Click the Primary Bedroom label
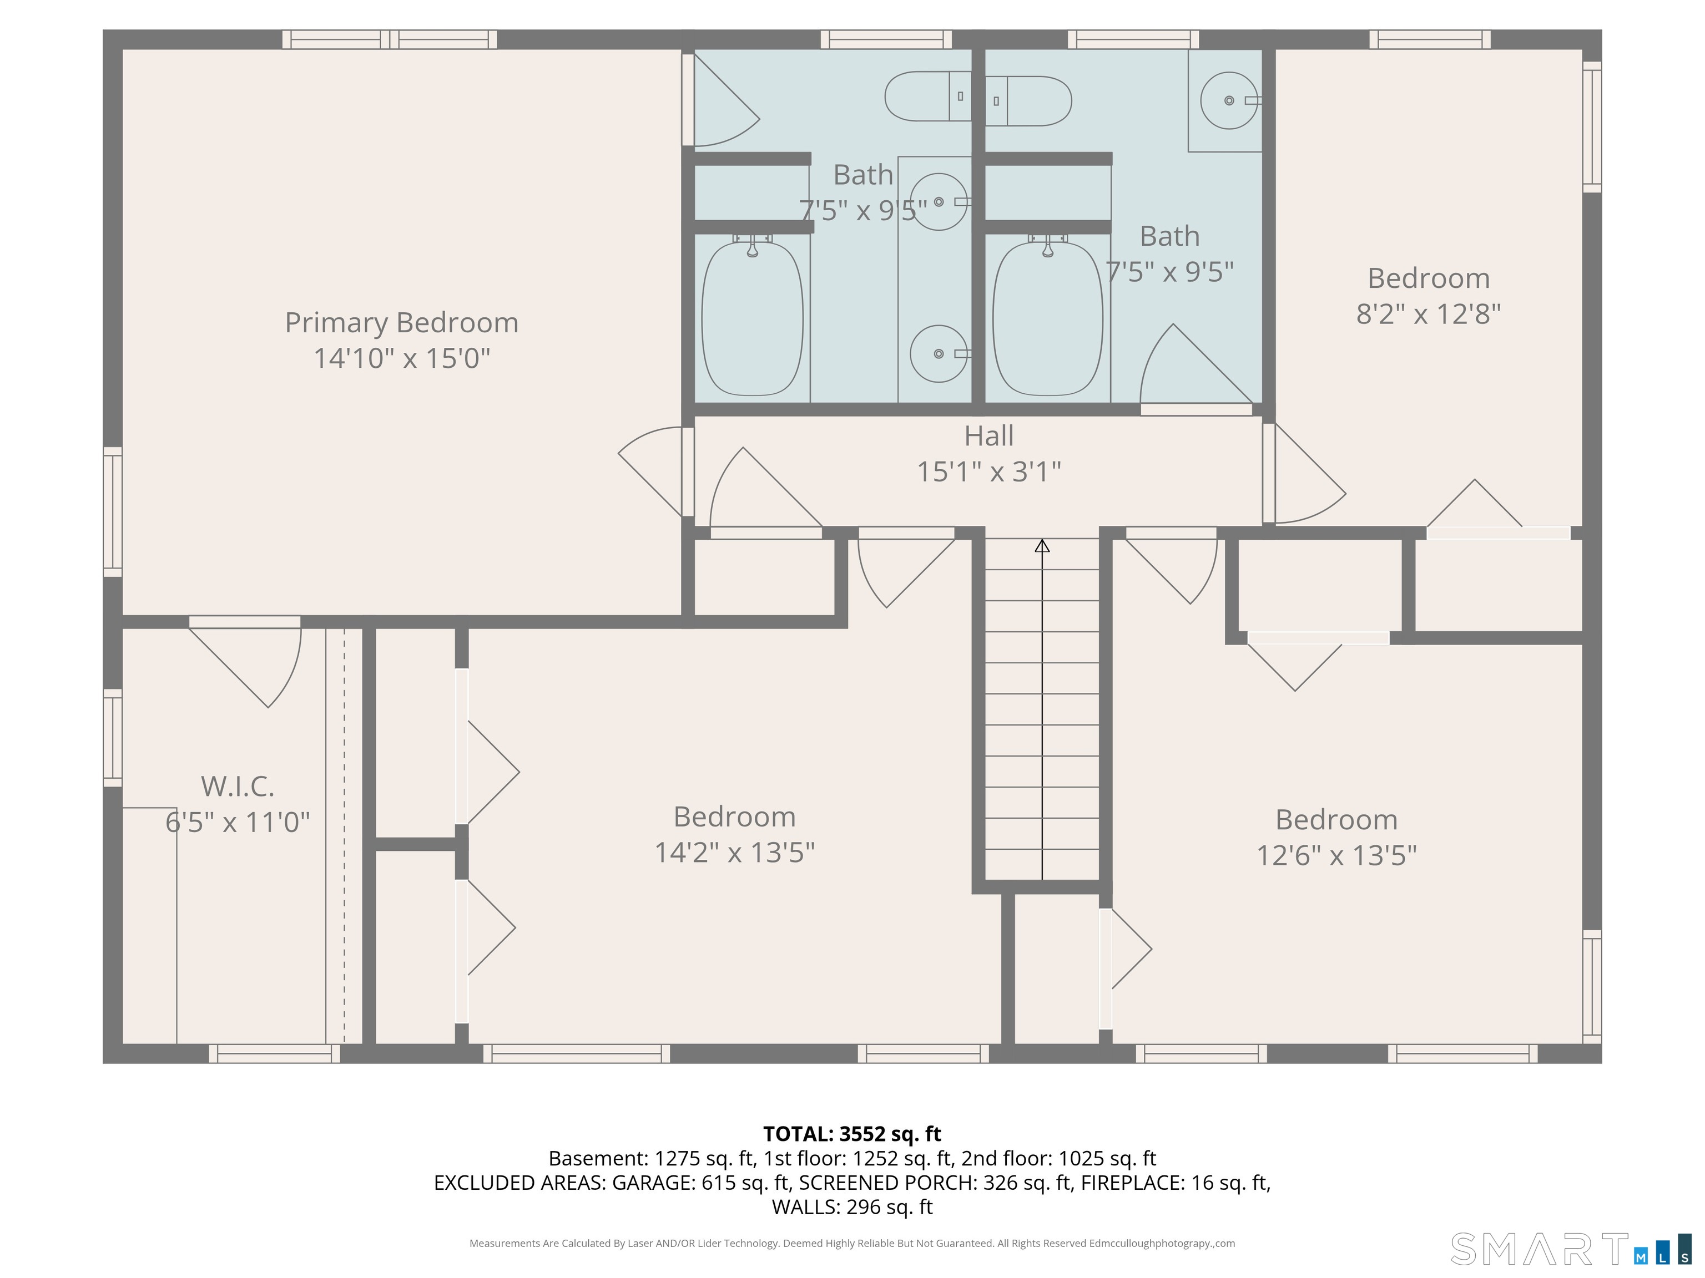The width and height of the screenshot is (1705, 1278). [x=402, y=322]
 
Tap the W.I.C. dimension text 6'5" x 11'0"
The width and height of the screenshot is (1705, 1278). [x=238, y=822]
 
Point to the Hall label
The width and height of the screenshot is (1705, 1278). [x=989, y=435]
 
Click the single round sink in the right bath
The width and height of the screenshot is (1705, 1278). [x=1229, y=100]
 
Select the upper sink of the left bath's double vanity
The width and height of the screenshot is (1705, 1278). [x=939, y=202]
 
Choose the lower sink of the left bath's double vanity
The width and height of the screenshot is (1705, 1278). [x=939, y=353]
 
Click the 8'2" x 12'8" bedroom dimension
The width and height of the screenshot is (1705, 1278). [x=1428, y=313]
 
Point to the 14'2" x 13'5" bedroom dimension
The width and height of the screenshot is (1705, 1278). [x=735, y=852]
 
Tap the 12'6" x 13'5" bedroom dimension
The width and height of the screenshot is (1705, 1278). [x=1336, y=855]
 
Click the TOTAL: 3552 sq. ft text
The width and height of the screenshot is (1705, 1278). [x=852, y=1134]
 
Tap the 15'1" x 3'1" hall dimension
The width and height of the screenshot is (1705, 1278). [x=989, y=471]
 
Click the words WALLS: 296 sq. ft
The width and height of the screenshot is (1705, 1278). [x=852, y=1206]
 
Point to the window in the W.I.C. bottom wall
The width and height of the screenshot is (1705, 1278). [x=274, y=1054]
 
